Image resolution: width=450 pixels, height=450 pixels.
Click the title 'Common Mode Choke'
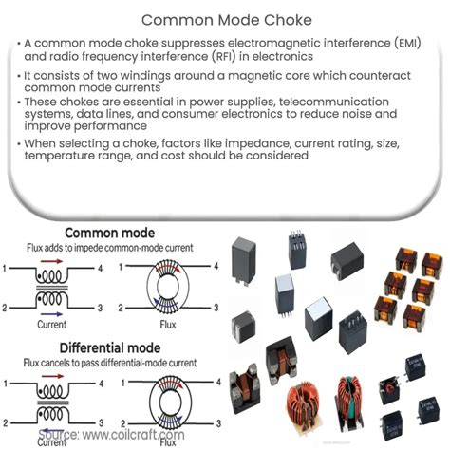click(225, 18)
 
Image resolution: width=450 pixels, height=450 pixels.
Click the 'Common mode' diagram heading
click(112, 232)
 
